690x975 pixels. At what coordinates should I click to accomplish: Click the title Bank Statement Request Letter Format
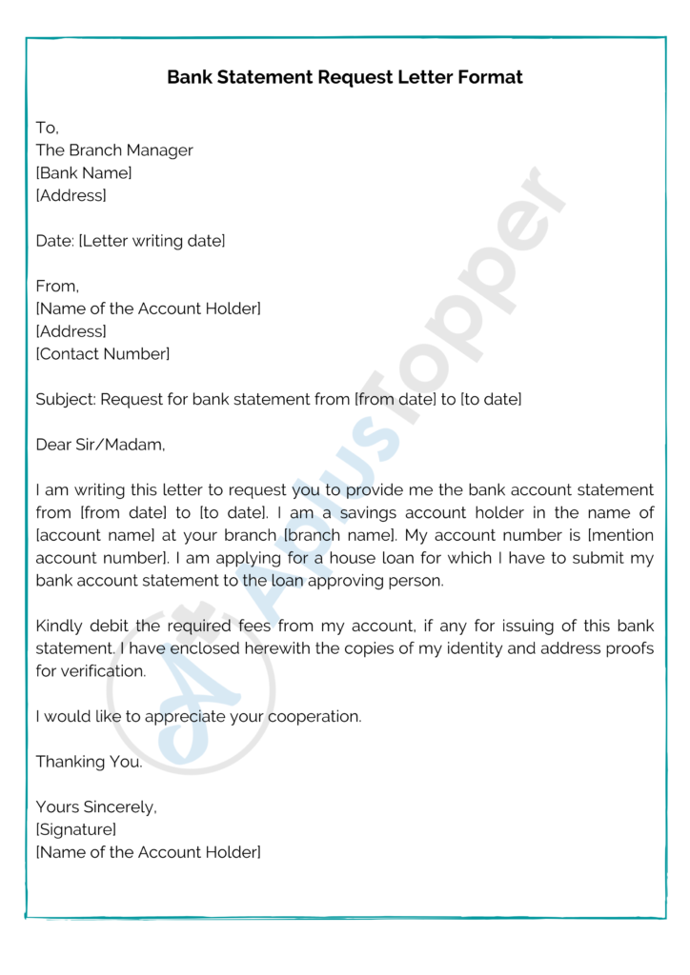345,77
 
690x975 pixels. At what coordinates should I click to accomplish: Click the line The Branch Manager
114,150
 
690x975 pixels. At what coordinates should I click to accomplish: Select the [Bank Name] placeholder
84,173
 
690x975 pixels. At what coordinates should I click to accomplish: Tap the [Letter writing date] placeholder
152,241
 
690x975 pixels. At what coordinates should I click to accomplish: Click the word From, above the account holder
57,286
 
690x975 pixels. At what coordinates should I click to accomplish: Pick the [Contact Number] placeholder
103,354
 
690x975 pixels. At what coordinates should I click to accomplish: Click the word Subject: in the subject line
65,400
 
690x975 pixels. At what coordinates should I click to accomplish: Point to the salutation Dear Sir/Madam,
100,445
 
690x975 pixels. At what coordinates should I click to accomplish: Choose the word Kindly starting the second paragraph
59,626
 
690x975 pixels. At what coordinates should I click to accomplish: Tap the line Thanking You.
89,762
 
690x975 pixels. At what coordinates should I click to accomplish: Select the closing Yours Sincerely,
96,806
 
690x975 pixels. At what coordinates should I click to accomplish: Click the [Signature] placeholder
76,829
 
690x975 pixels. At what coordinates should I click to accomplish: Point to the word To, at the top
48,128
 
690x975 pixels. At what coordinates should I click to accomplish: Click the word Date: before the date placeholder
55,241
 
